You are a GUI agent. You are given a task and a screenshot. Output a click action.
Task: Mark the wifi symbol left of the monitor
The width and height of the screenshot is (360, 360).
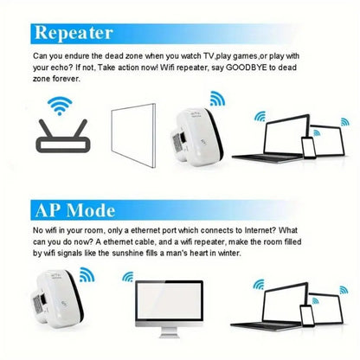[126, 279]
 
